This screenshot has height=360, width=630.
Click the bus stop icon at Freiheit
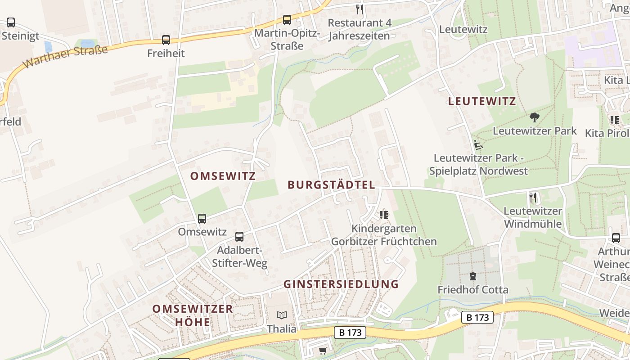[166, 40]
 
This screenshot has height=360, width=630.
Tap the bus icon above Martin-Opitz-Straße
[287, 20]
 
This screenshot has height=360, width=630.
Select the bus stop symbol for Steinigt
[11, 22]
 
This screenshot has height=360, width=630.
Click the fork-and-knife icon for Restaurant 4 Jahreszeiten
[359, 9]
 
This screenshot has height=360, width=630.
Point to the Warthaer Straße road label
[66, 56]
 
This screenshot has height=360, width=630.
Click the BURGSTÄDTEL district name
[331, 184]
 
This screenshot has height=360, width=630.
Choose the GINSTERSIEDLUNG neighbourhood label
[341, 284]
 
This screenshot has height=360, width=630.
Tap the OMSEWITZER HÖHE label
[193, 315]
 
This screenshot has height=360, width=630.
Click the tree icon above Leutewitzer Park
[534, 117]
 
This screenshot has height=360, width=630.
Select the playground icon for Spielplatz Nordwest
[478, 145]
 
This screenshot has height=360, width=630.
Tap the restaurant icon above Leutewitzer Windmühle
[533, 197]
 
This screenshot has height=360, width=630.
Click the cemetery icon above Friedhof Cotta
[472, 276]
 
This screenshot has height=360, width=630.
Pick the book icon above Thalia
[282, 315]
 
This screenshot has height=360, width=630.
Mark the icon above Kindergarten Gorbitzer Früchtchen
[383, 215]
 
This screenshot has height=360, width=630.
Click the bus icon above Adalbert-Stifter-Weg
[239, 236]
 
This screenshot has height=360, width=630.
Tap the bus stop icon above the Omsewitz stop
[202, 219]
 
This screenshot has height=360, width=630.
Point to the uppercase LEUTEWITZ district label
[482, 101]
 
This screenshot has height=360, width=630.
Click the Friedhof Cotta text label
[473, 289]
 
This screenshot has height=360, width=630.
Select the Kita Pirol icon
[614, 120]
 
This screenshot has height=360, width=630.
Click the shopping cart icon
[323, 351]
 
